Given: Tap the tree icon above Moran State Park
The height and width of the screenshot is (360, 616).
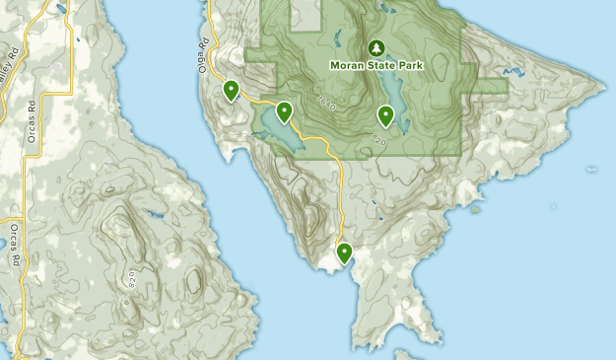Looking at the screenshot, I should point(376,47).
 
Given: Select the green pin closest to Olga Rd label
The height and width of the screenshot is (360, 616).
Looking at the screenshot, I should point(231,91).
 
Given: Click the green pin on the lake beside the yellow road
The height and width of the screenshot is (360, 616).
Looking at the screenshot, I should point(284,111).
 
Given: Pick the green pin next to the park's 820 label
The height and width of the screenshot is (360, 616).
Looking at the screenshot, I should point(385,116).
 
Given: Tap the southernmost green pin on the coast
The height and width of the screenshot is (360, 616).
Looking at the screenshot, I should point(344,253).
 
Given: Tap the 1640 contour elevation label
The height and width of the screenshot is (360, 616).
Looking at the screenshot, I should point(327,102).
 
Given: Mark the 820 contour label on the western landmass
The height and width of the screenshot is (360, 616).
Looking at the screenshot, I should point(130,278).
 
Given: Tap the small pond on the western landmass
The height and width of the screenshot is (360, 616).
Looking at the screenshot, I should point(155,213).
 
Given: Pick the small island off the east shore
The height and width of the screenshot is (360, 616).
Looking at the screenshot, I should point(475,208).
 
